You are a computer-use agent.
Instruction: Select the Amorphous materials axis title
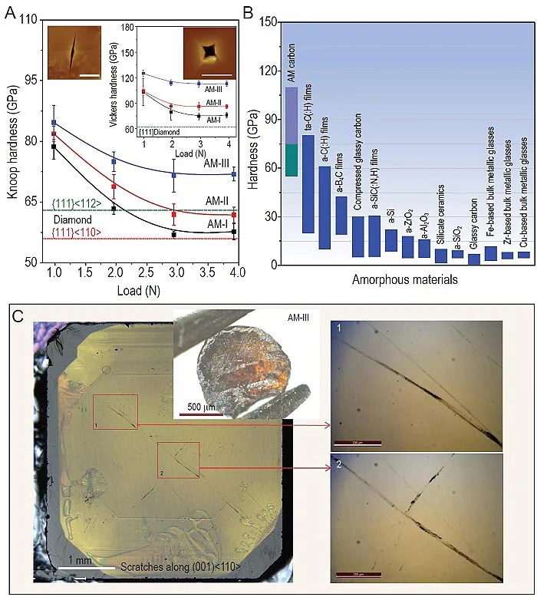coord(404,280)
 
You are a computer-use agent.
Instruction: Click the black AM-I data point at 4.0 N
coord(234,231)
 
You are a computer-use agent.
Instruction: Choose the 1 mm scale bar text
coord(77,561)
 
